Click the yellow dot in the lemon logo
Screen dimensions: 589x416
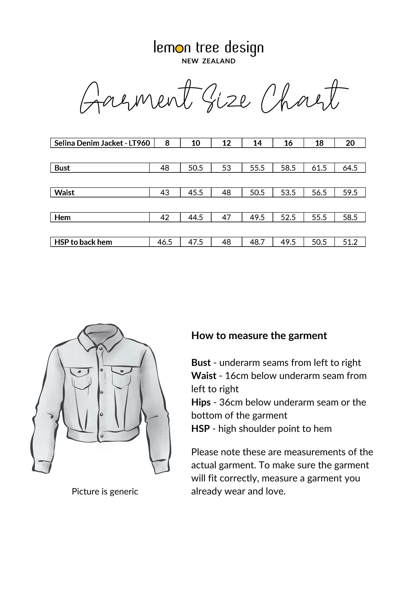(180, 48)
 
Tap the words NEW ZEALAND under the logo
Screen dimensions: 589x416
(208, 61)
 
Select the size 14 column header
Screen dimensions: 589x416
(257, 143)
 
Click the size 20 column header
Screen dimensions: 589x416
(350, 143)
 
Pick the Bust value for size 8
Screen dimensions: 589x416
(165, 168)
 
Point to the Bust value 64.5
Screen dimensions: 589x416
(350, 168)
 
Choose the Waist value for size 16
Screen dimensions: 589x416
(288, 192)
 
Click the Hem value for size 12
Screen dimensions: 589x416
(226, 217)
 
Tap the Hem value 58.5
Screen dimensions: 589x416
(350, 217)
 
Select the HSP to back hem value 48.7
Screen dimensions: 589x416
(257, 242)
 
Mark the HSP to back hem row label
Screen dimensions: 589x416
(83, 242)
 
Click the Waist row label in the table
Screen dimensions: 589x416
(64, 192)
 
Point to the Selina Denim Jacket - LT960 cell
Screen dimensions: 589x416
(102, 143)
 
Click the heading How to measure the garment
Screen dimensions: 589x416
(259, 335)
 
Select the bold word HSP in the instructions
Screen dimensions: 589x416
(200, 429)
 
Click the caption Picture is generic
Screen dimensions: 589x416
(105, 491)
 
